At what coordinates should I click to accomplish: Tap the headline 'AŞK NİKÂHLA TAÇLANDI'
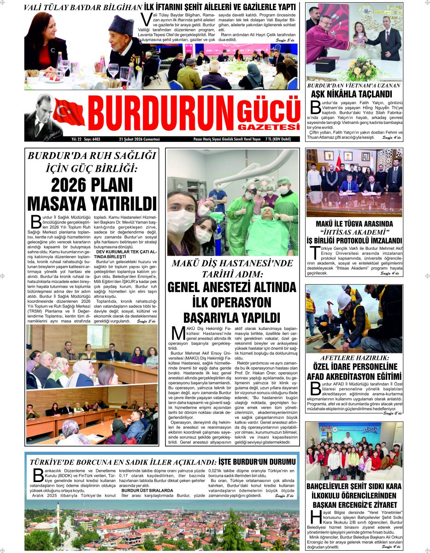pyautogui.click(x=353, y=94)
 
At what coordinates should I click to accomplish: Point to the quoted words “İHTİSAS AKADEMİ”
pyautogui.click(x=354, y=232)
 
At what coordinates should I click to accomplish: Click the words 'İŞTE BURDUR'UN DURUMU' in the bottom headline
pyautogui.click(x=256, y=462)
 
